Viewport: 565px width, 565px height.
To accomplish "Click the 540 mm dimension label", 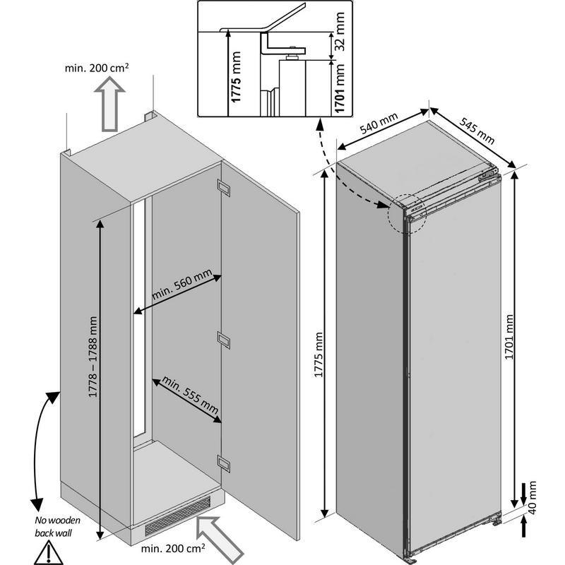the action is [379, 123].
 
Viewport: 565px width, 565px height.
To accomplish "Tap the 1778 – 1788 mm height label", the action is [93, 357].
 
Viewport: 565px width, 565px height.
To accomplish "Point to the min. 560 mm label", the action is [182, 285].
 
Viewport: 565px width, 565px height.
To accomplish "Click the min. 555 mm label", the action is [190, 395].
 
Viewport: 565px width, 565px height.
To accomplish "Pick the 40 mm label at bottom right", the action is [532, 498].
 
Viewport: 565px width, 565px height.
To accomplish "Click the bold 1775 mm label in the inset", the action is [236, 77].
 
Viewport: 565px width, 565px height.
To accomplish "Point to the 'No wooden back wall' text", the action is [57, 526].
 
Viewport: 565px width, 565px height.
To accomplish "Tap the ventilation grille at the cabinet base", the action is [178, 516].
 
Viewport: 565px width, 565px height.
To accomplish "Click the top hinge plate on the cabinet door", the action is [223, 188].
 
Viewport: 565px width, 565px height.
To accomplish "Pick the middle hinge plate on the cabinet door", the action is [223, 340].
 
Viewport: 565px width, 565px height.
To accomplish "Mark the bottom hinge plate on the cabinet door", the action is [223, 463].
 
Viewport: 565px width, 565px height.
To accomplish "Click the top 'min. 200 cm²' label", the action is [97, 68].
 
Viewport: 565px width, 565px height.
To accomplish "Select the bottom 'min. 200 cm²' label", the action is [173, 549].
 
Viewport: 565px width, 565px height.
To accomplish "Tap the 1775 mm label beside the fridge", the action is [319, 355].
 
